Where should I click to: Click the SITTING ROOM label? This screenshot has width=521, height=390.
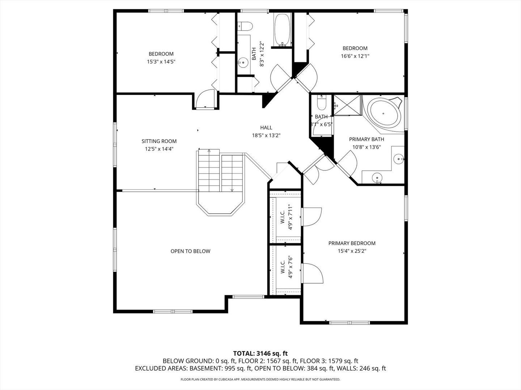(x=159, y=141)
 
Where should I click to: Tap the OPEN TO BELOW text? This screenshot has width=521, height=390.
(x=190, y=251)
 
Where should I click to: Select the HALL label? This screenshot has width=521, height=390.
(x=266, y=127)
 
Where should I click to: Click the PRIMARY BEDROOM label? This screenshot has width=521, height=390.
(x=352, y=243)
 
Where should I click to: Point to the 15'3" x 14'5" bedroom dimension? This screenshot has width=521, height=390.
(x=161, y=62)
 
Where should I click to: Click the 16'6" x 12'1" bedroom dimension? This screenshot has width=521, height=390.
(x=355, y=56)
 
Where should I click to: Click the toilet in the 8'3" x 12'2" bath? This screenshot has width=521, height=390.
(x=245, y=26)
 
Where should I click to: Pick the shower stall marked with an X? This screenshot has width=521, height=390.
(x=347, y=105)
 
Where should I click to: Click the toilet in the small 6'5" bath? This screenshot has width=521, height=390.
(x=322, y=103)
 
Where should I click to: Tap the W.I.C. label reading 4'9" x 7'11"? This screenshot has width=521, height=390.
(x=287, y=217)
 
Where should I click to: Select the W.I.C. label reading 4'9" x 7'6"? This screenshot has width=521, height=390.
(x=287, y=267)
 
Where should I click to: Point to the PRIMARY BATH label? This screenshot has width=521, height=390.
(x=367, y=139)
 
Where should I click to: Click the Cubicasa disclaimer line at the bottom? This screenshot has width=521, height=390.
(x=260, y=379)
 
